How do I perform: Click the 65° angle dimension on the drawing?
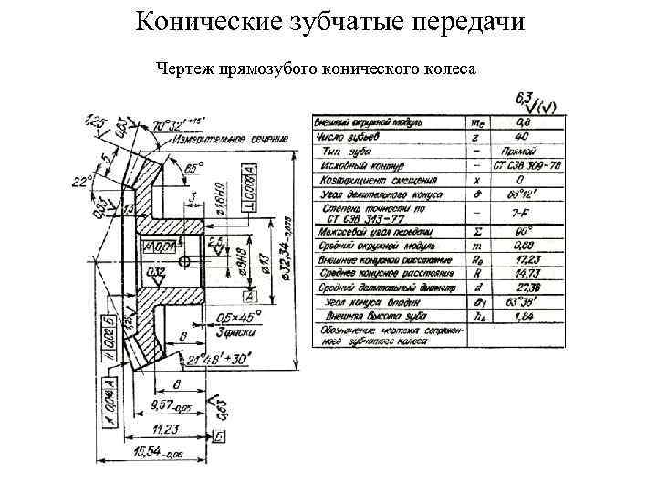[193, 168]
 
